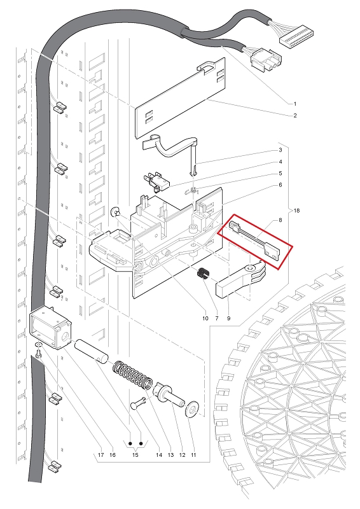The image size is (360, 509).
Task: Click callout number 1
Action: point(294,104)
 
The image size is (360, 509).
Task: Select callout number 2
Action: point(294,116)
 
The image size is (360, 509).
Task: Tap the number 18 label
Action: point(296,211)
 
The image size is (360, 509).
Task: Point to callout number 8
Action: point(280,220)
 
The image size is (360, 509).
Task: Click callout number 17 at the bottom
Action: point(100,455)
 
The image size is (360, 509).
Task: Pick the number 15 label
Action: point(135,455)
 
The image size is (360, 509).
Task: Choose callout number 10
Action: point(205,318)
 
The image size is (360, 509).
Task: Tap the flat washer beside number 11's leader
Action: point(191,408)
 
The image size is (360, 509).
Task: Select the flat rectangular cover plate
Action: point(180,98)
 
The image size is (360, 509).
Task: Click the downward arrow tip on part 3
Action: point(193,174)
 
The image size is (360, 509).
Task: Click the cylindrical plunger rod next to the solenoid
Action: point(92,352)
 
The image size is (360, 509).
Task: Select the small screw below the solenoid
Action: point(38,354)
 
